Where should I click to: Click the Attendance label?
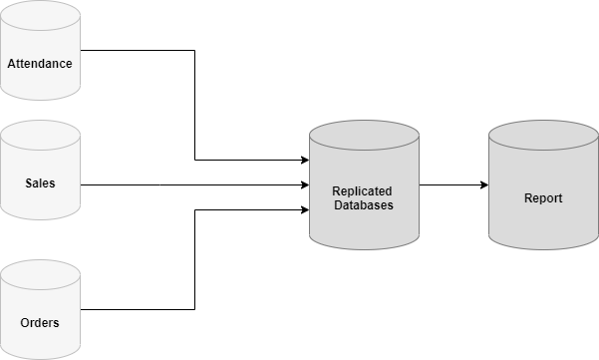40,64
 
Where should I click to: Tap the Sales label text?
40,183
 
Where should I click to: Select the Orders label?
40,323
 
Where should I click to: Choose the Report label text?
543,198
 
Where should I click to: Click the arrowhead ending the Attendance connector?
304,160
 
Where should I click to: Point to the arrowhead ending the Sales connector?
304,184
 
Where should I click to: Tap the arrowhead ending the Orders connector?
304,209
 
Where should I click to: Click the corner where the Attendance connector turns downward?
194,50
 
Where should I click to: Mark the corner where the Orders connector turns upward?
194,309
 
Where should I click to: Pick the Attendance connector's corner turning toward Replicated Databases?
194,160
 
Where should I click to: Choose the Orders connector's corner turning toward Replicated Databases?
194,209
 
